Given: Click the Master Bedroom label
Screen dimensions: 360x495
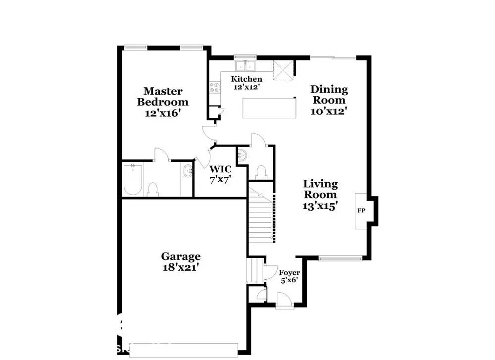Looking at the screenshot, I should coord(162,97).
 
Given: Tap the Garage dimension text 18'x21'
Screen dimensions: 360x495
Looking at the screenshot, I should coord(181,267).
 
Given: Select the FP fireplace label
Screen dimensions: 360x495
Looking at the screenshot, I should coord(361,211).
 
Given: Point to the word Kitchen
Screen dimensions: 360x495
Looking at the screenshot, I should coord(247,79).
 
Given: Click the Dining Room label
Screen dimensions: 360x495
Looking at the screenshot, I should coord(329,95).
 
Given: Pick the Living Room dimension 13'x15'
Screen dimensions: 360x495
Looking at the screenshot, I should coord(320,206).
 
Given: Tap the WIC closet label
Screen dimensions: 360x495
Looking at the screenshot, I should coord(220,169).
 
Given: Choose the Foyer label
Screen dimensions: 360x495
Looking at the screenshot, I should coord(290,272).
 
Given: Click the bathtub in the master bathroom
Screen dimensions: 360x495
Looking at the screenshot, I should coord(133,179).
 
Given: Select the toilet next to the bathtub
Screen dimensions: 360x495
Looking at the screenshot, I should coord(153,189).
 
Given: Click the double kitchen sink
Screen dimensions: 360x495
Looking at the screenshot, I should coord(245,66).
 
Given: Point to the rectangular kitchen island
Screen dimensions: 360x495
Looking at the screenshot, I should coord(269,108).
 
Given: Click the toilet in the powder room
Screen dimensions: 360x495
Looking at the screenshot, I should coord(261,172).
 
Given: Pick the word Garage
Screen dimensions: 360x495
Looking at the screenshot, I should coord(181,256).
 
